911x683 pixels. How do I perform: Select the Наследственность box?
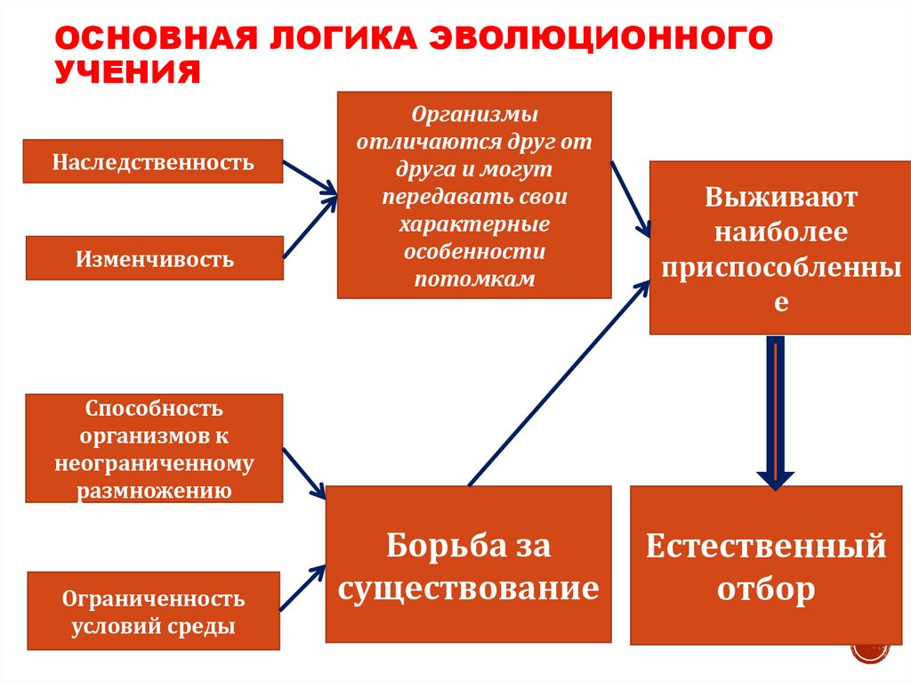tap(152, 162)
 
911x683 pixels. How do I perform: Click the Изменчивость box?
tap(154, 258)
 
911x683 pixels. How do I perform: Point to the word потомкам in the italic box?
tap(474, 279)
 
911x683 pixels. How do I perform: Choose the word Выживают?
tap(781, 197)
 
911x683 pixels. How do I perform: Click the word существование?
tap(469, 589)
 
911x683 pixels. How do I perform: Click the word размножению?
tap(155, 490)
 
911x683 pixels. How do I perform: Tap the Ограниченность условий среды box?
tap(154, 612)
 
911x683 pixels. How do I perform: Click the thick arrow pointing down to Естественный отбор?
tap(776, 410)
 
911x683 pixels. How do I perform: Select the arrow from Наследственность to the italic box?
tap(310, 177)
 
